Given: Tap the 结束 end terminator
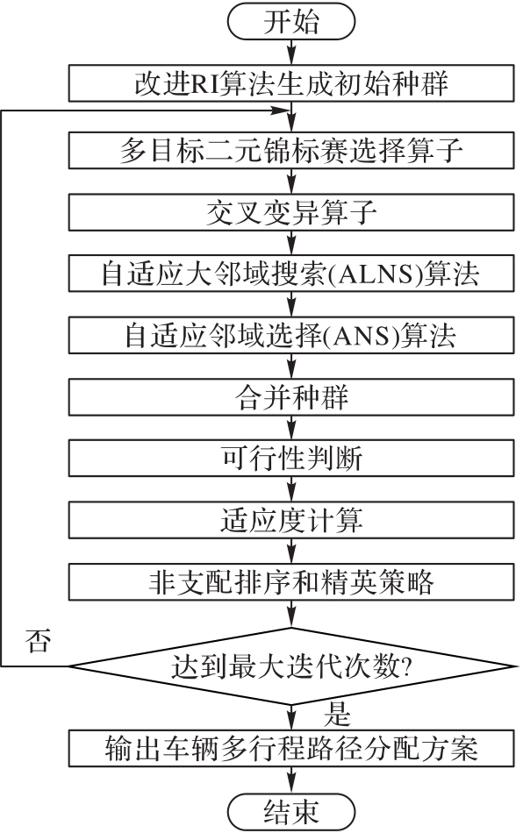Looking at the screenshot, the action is click(x=290, y=811).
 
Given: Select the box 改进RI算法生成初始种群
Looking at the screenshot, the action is click(x=291, y=83).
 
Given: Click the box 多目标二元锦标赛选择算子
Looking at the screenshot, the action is click(x=291, y=151).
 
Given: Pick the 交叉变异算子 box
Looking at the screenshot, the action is click(x=291, y=212).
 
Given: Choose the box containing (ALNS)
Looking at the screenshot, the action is click(x=291, y=274).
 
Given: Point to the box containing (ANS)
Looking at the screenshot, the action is click(x=291, y=335).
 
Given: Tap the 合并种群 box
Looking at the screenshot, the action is click(x=291, y=397).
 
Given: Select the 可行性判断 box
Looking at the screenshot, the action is click(x=291, y=459).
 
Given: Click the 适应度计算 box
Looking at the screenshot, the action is click(x=291, y=520).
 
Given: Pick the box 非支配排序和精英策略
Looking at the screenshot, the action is click(x=291, y=582).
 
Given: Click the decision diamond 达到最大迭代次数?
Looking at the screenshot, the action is click(x=291, y=666).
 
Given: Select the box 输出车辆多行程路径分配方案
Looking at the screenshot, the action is click(x=291, y=748).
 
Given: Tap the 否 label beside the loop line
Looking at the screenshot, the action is click(x=39, y=640).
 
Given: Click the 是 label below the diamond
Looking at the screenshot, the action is click(x=337, y=714).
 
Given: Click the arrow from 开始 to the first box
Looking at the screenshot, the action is click(x=291, y=52).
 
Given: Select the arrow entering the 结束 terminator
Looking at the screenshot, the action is click(x=291, y=780).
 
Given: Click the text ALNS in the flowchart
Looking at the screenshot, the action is click(x=377, y=274).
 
